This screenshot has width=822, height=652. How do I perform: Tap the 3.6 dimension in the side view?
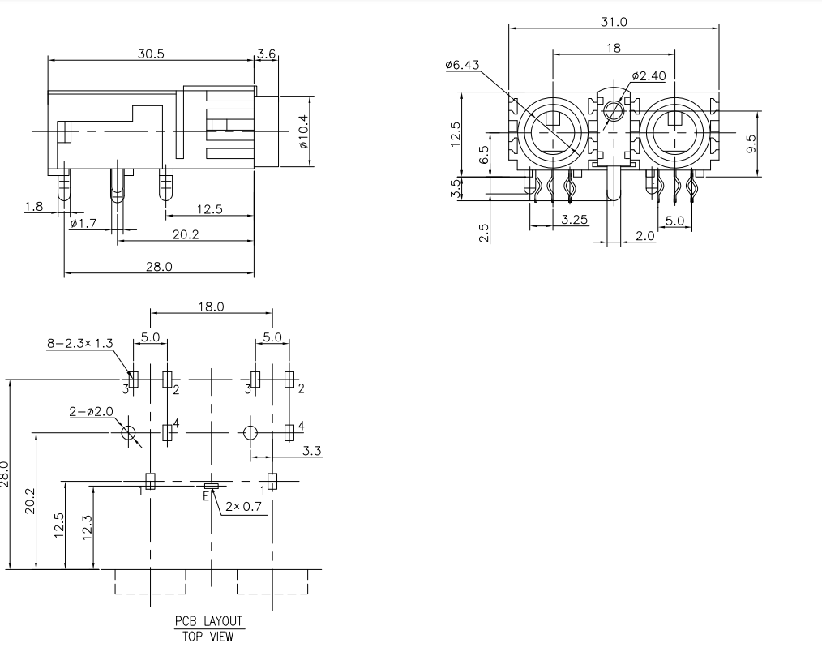[267, 54]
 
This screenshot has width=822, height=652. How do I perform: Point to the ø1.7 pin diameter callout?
[83, 223]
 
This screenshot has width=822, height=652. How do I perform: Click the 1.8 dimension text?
[34, 207]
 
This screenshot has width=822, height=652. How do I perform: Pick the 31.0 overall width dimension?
[614, 22]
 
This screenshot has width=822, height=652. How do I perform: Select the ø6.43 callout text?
[463, 66]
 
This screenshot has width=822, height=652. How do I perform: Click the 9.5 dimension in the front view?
[751, 144]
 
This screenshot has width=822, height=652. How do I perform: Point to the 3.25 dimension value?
[575, 219]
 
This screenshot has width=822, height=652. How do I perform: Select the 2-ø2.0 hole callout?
[90, 413]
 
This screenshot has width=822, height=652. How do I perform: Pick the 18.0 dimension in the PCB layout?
[210, 307]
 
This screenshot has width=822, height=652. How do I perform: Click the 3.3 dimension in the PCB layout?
[312, 450]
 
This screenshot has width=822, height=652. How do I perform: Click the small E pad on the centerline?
[212, 486]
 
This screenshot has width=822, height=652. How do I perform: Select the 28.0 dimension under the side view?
[159, 266]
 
